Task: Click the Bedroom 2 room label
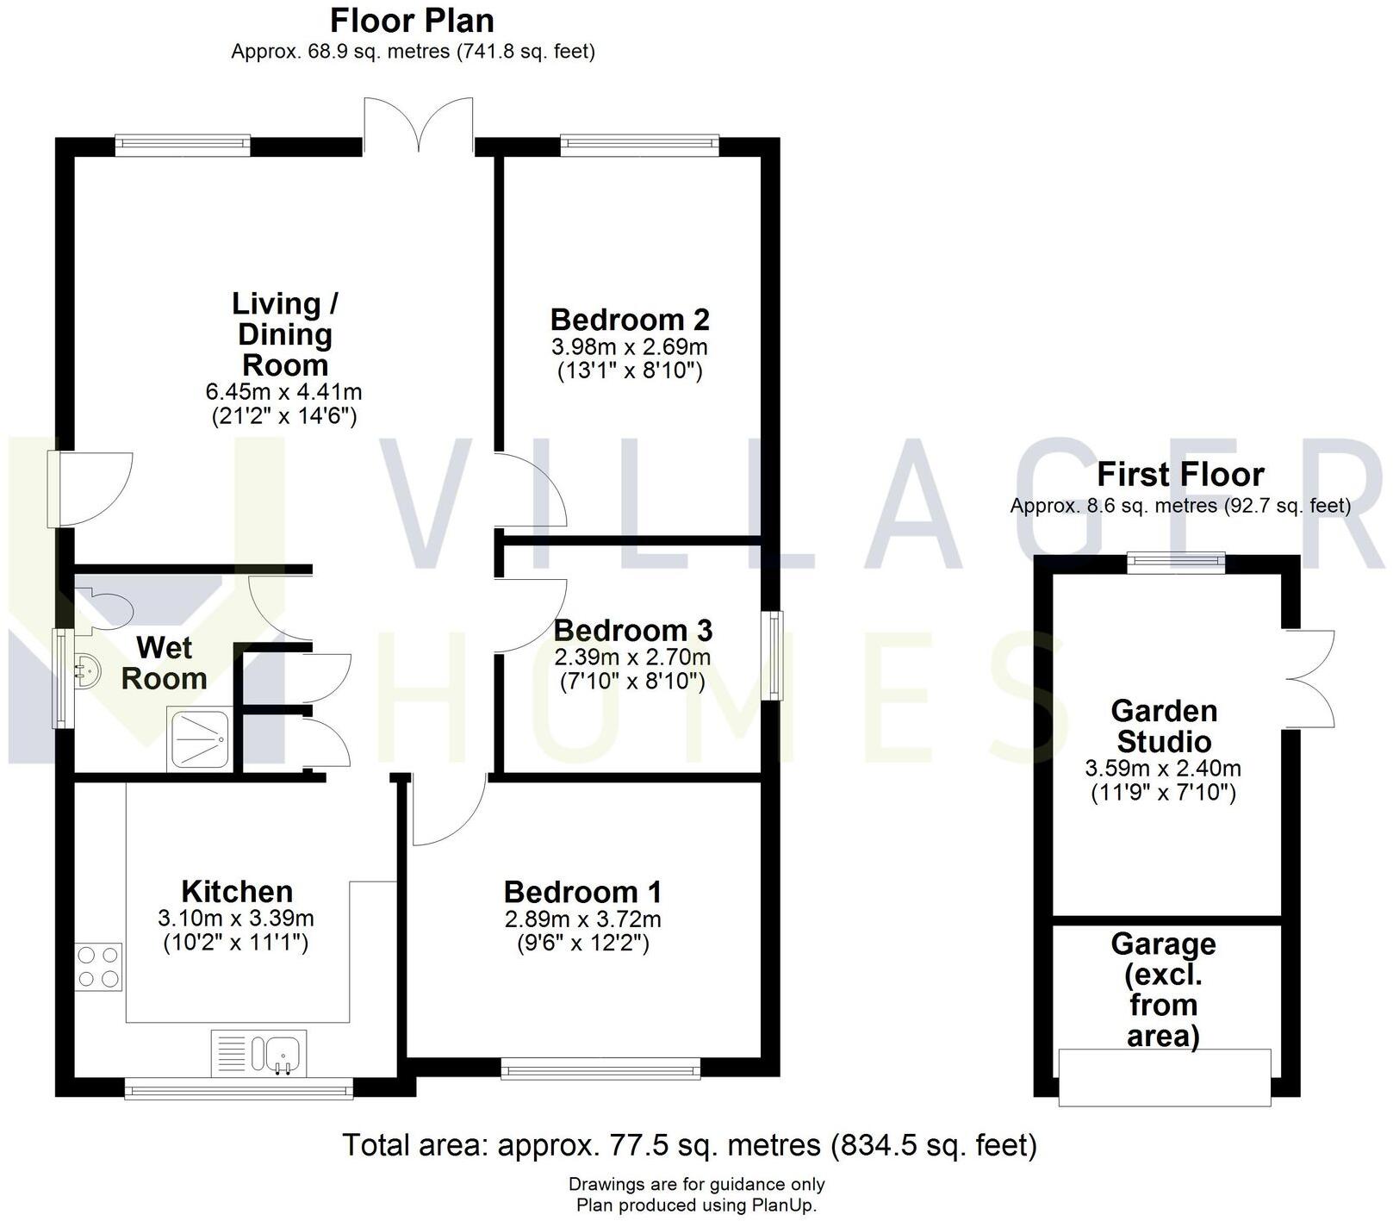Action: pyautogui.click(x=630, y=320)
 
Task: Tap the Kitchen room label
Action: pyautogui.click(x=237, y=891)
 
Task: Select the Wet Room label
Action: pyautogui.click(x=164, y=663)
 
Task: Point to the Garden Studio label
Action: pyautogui.click(x=1163, y=726)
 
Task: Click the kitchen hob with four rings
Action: pyautogui.click(x=98, y=967)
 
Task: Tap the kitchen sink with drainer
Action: pyautogui.click(x=258, y=1053)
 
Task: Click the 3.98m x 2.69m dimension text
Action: pyautogui.click(x=630, y=347)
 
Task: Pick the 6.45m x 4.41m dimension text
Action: pyautogui.click(x=283, y=392)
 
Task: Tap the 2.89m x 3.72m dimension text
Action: pyautogui.click(x=583, y=919)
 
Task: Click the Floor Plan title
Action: pyautogui.click(x=412, y=21)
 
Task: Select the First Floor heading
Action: pyautogui.click(x=1180, y=475)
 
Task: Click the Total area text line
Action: pyautogui.click(x=689, y=1145)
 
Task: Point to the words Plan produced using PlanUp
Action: pyautogui.click(x=696, y=1205)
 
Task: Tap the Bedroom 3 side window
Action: pyautogui.click(x=775, y=655)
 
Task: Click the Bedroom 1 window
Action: pyautogui.click(x=600, y=1069)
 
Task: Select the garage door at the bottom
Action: pyautogui.click(x=1165, y=1076)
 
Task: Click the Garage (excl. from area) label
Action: pyautogui.click(x=1163, y=990)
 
